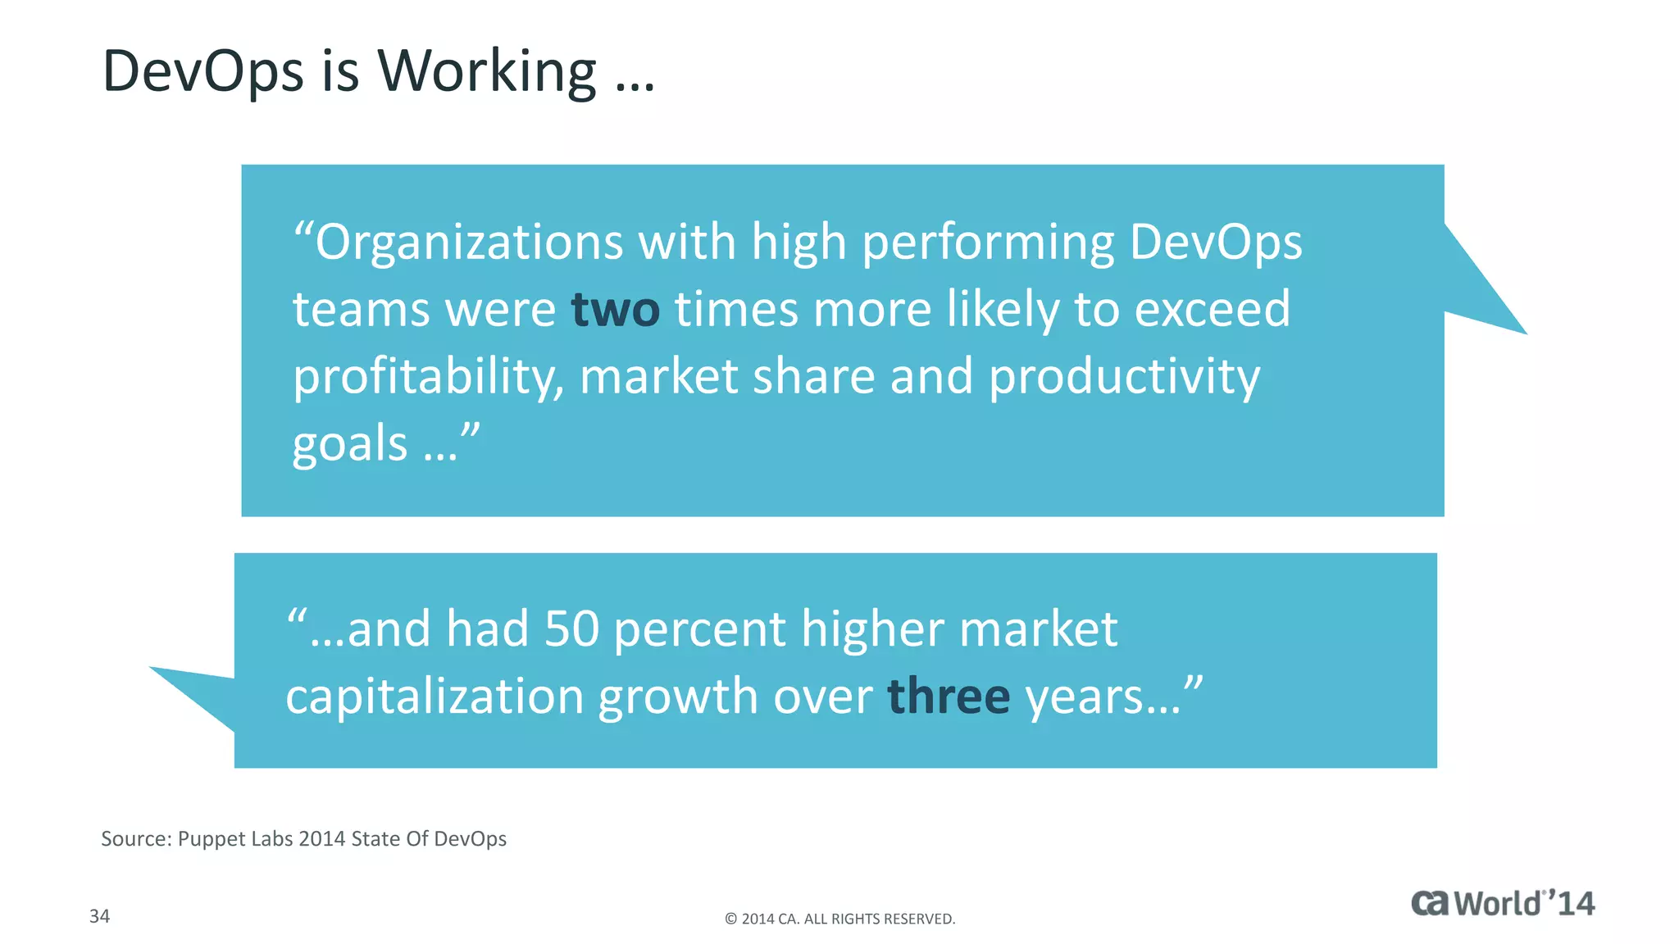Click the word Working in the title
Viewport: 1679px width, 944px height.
[x=487, y=71]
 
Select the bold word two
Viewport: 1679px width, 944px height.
[x=615, y=310]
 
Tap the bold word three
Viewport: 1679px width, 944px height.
[x=949, y=697]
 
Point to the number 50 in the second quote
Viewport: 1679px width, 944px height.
[x=571, y=629]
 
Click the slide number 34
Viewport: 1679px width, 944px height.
[x=99, y=916]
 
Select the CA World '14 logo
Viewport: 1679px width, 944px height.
[x=1502, y=903]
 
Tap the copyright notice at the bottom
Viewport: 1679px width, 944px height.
[x=839, y=919]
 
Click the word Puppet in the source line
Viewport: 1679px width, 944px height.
[x=210, y=839]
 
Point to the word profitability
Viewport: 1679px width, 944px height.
[x=428, y=378]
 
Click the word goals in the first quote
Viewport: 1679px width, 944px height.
[x=350, y=444]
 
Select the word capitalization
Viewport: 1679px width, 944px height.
[x=434, y=697]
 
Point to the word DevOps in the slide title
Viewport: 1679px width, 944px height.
[x=203, y=71]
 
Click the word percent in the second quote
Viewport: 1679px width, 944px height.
[x=699, y=629]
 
